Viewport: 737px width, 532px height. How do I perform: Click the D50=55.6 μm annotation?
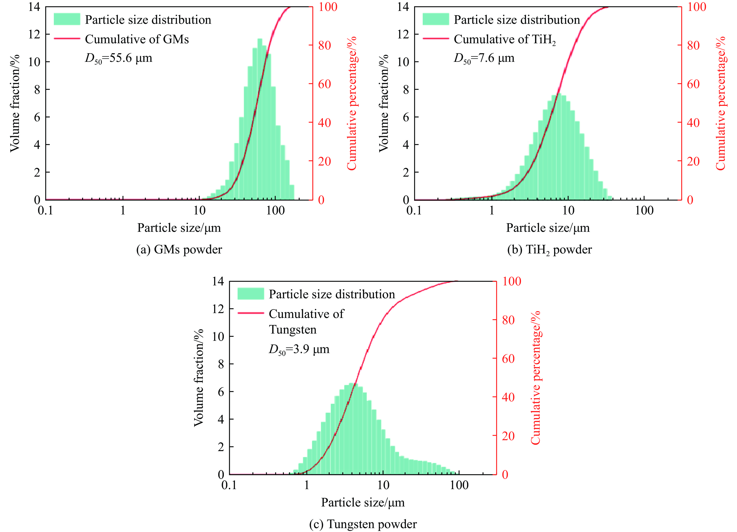click(118, 58)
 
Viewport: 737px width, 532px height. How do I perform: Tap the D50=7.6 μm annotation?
click(484, 58)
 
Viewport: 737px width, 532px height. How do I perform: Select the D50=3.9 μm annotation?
click(299, 349)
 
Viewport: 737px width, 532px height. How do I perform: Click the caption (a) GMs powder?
click(179, 250)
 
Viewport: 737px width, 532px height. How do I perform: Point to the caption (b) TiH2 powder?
click(549, 250)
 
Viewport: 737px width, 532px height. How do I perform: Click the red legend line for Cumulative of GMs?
click(67, 39)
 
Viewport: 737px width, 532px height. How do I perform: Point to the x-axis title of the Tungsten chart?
click(363, 502)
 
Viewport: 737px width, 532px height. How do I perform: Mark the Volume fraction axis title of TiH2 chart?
click(384, 103)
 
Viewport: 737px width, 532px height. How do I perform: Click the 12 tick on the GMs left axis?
click(34, 34)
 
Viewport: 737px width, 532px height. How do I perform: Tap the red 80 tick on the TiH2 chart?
click(693, 45)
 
